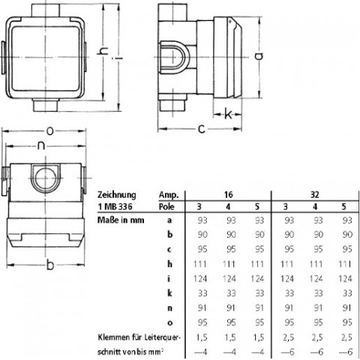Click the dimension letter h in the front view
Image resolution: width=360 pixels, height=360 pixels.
tap(103, 51)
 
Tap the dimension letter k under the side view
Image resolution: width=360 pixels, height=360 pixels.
tap(228, 114)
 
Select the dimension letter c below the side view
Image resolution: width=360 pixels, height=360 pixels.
tap(202, 129)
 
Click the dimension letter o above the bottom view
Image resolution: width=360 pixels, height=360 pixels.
tap(50, 130)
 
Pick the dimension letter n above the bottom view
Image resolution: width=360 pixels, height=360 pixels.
tap(41, 145)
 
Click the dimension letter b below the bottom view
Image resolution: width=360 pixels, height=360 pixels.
tap(50, 265)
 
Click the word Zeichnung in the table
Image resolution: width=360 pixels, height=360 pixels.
tap(117, 195)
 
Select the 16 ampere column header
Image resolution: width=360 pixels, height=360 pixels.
tap(228, 194)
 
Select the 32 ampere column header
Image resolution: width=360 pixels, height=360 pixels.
tap(315, 194)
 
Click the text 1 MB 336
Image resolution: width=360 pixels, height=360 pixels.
tap(115, 207)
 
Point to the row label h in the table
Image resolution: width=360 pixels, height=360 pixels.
tap(170, 264)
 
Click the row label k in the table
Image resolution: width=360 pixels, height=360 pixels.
tap(170, 293)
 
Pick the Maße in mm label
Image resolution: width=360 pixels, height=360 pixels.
tap(121, 220)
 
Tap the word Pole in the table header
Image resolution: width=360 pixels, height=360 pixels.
tap(166, 207)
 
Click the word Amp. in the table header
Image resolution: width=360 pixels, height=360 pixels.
tap(169, 195)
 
